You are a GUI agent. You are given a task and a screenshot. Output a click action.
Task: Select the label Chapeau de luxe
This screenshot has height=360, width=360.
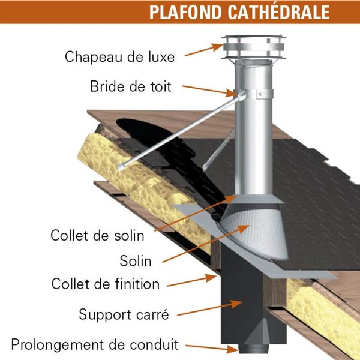pyautogui.click(x=120, y=58)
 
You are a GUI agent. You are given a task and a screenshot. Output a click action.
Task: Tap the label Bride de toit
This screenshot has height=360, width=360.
pyautogui.click(x=131, y=86)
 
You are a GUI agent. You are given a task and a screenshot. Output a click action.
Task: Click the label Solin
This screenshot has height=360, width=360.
pyautogui.click(x=135, y=261)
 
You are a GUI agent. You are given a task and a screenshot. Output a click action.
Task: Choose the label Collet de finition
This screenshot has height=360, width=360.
pyautogui.click(x=106, y=283)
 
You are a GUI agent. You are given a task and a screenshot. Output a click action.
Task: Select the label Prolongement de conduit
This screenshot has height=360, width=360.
pyautogui.click(x=95, y=344)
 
